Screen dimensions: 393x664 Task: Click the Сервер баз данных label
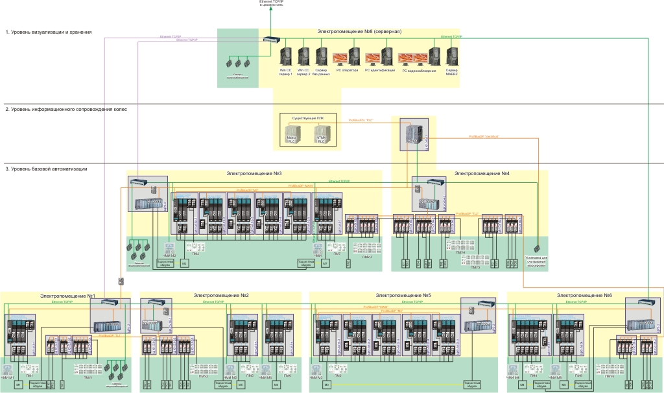click(x=321, y=71)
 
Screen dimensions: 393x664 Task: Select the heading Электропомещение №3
click(x=254, y=173)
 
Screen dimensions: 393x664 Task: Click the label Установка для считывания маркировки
click(x=537, y=262)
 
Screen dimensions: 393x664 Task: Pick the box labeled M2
click(x=184, y=263)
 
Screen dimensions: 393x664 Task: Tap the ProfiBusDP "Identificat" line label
click(x=484, y=136)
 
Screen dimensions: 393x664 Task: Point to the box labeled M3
click(x=327, y=385)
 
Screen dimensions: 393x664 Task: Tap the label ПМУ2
click(x=203, y=376)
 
